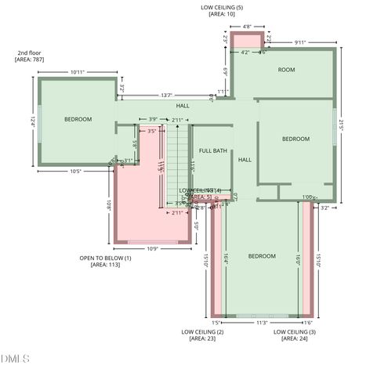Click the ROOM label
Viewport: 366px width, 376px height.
coord(286,70)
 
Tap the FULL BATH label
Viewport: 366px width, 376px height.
coord(212,150)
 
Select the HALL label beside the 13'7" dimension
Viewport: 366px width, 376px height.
coord(183,105)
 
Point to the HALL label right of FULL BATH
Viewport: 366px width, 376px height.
coord(245,160)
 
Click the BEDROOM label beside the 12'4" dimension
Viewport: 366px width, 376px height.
coord(78,119)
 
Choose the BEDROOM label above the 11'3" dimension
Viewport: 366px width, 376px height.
coord(262,256)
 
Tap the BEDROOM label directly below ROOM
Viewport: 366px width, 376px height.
coord(295,139)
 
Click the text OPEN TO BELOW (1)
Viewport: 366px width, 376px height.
coord(105,258)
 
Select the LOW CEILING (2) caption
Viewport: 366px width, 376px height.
coord(202,332)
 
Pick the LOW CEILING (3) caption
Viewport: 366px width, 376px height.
coord(295,332)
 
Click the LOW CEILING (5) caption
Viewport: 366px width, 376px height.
coord(222,7)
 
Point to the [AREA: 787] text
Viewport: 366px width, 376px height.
coord(31,59)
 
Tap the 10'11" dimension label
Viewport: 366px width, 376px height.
coord(78,72)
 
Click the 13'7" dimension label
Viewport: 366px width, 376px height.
coord(167,95)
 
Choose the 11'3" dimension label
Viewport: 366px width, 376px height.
coord(262,322)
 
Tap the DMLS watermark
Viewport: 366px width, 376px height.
coord(15,359)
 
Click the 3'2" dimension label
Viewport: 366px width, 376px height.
coord(325,208)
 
